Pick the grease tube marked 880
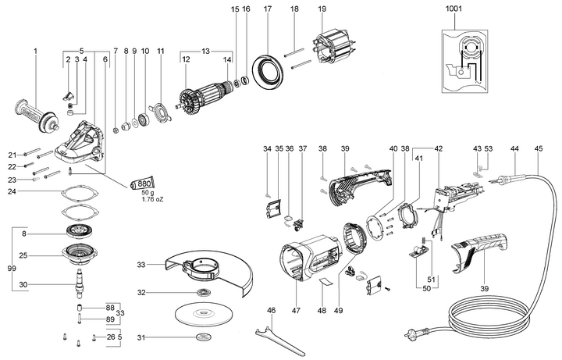[142, 184]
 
